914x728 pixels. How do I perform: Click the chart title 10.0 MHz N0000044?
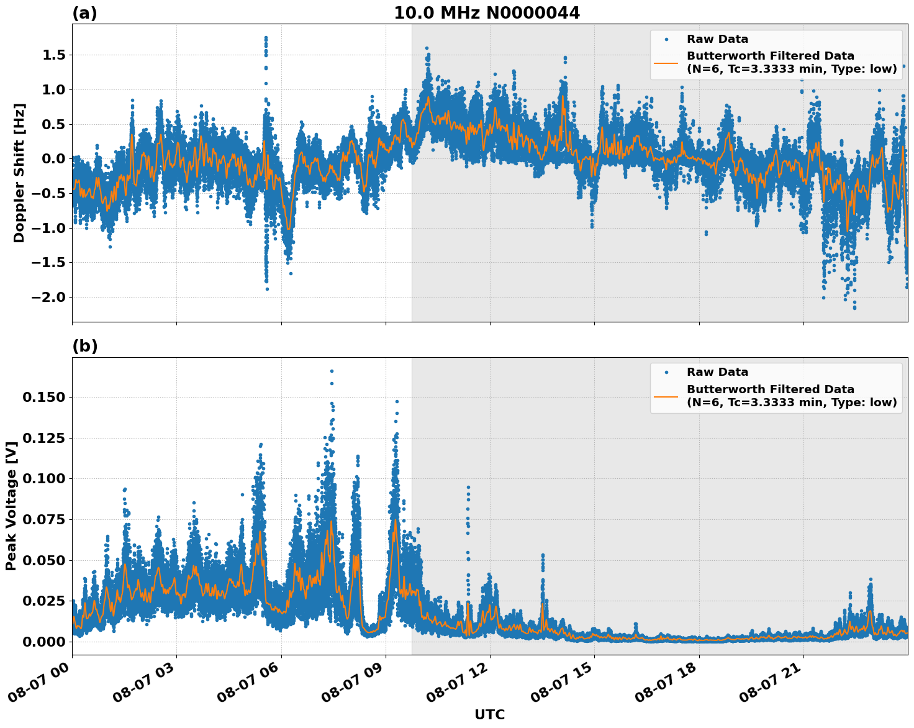(487, 13)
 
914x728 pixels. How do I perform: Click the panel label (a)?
(84, 13)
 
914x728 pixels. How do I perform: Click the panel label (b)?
(84, 346)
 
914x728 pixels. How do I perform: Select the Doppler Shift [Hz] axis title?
(19, 173)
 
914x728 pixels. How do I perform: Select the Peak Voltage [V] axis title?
(11, 506)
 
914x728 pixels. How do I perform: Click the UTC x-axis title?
(489, 714)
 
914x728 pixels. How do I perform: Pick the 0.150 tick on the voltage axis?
(43, 397)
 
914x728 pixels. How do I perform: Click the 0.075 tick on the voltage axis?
(43, 519)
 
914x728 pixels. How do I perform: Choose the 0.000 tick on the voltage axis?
(43, 642)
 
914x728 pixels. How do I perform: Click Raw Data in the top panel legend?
(717, 39)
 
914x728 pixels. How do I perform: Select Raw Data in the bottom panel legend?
(717, 372)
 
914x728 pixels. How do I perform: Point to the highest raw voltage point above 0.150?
(332, 371)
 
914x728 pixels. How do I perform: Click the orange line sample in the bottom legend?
(666, 396)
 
